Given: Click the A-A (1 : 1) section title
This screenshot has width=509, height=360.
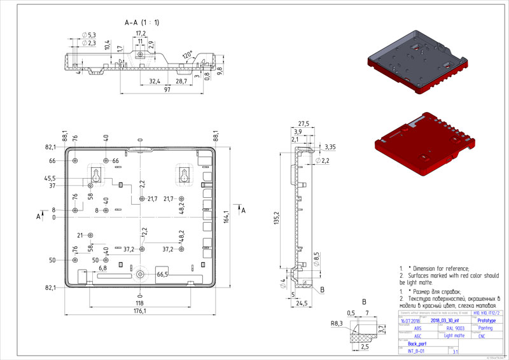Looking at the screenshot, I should click(141, 22).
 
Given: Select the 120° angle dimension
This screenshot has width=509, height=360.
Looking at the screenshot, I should click(186, 55).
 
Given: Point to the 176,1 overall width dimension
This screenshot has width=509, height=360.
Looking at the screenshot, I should click(139, 311).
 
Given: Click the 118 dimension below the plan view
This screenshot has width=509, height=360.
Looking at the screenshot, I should click(140, 294).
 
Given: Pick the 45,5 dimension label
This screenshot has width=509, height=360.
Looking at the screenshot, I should click(49, 178).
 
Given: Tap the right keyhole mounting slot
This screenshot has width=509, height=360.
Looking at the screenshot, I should click(184, 174).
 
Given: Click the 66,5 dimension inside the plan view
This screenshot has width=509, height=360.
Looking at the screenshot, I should click(162, 274).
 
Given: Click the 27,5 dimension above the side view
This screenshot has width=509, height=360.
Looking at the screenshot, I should click(303, 123).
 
